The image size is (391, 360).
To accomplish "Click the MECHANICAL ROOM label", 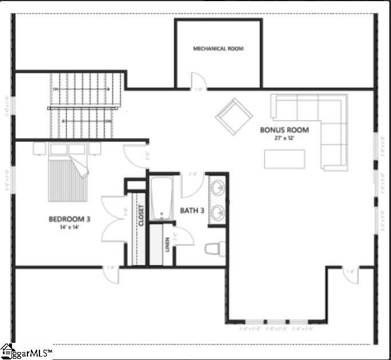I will pos(218,49).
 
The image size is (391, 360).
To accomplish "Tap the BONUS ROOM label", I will pos(284,130).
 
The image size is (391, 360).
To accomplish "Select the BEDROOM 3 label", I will pos(69,219).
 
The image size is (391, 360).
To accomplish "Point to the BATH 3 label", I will pos(192,211).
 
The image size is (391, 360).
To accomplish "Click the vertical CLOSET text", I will pos(141,216).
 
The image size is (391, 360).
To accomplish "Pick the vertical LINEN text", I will pos(167,245).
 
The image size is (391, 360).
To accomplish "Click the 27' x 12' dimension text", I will pos(284,138).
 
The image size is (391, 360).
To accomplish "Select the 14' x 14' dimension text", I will pos(69,227).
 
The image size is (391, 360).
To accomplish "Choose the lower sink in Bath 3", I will pos(218,213).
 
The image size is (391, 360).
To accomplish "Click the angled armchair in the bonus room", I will pos(234,116).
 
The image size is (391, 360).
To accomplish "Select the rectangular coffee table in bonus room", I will pos(284,158).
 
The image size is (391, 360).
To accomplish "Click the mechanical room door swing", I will pos(197,82).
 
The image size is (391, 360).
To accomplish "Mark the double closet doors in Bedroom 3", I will pos(113,219).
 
